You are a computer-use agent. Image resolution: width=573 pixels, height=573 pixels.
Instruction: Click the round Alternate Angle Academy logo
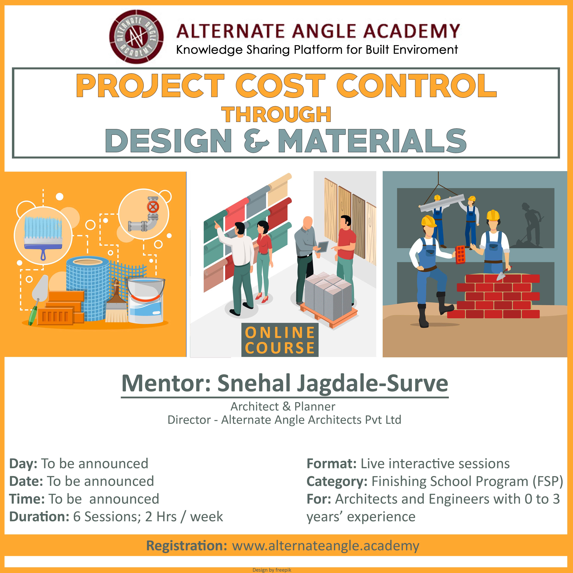click(x=136, y=37)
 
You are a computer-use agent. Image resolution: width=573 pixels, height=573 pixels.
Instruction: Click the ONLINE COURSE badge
click(x=280, y=340)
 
